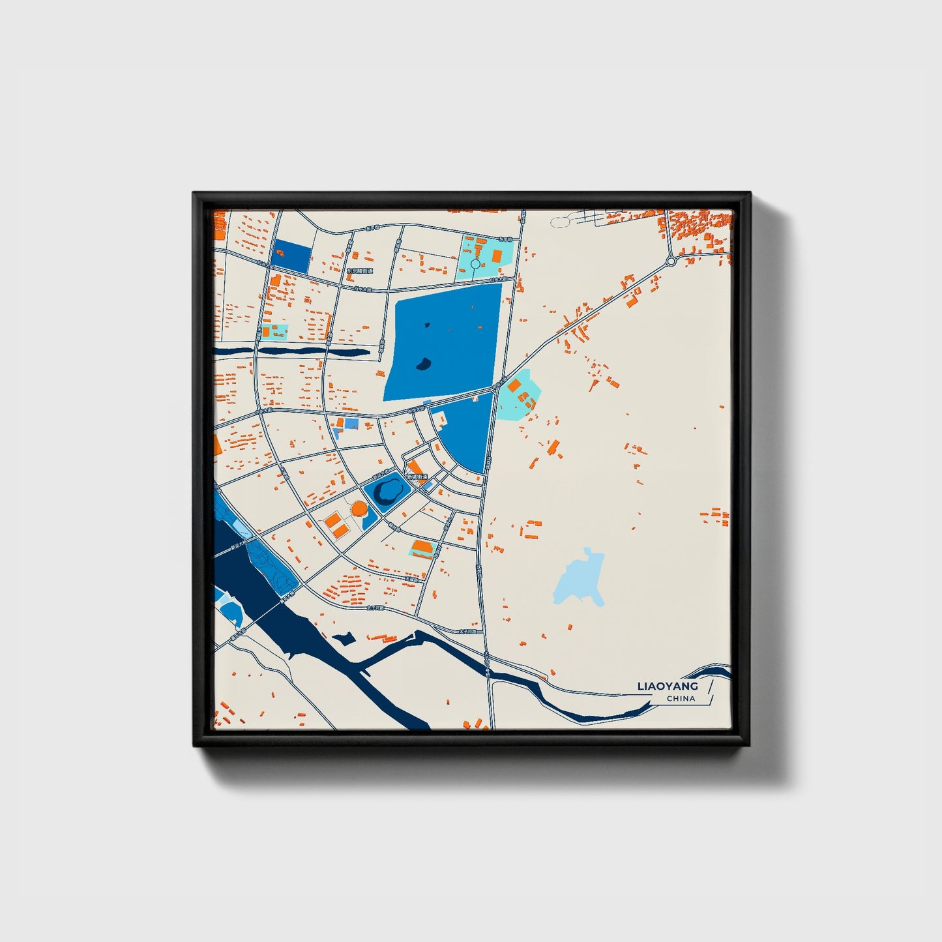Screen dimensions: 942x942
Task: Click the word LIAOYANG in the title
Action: [668, 686]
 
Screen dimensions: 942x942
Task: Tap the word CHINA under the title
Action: [681, 699]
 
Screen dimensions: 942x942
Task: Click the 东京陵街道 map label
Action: [359, 271]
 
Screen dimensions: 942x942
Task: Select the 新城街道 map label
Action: [417, 477]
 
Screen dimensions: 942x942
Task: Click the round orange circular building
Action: [359, 508]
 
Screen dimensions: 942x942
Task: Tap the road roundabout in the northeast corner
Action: [671, 261]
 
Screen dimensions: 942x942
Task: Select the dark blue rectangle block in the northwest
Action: [291, 256]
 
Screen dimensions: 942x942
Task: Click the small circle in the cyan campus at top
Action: [475, 264]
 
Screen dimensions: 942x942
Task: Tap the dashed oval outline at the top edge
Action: [560, 222]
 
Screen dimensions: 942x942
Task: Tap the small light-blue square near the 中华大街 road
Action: [351, 424]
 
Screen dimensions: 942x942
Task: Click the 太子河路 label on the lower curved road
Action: [469, 632]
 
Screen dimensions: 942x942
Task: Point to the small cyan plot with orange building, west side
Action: [274, 332]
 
